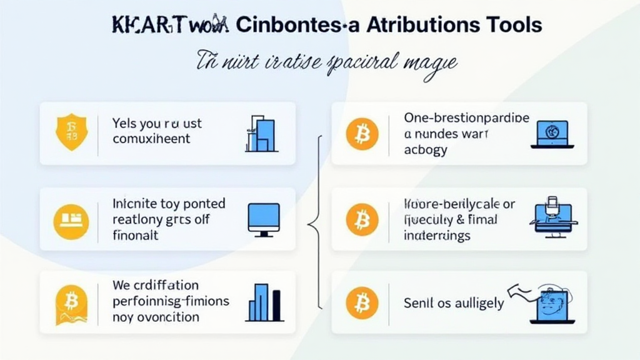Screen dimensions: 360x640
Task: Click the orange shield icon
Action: [x=70, y=132]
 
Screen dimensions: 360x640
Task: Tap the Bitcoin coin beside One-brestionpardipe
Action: [x=362, y=133]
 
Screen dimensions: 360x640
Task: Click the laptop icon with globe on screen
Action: [x=551, y=134]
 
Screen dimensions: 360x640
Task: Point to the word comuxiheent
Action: [x=151, y=139]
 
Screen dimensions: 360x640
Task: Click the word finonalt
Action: [x=136, y=235]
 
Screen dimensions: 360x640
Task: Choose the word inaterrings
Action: [x=437, y=236]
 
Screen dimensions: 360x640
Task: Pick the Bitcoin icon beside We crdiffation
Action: [x=71, y=303]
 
